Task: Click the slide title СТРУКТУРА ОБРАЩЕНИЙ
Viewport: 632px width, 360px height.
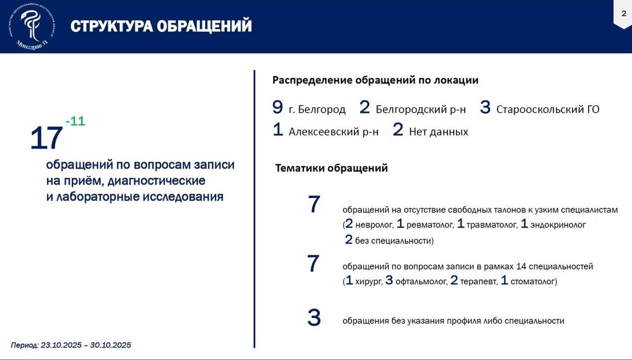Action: click(161, 26)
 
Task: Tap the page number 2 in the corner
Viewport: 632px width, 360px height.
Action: click(623, 13)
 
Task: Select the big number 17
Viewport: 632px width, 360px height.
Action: click(46, 138)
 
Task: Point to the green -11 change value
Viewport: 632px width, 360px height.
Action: click(75, 121)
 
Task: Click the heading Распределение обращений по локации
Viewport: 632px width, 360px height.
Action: click(375, 80)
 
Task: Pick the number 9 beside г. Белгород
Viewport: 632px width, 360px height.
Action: click(277, 107)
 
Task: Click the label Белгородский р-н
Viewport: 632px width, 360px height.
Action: click(421, 110)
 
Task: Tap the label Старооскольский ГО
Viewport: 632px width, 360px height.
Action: click(548, 110)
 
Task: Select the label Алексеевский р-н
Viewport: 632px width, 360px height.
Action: click(333, 132)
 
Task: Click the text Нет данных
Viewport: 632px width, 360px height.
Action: click(438, 132)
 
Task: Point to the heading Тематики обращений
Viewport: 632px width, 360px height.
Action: click(331, 168)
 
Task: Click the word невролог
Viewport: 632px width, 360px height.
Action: click(374, 225)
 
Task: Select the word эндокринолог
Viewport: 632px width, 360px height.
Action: click(558, 225)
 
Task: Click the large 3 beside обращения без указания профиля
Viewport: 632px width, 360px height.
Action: click(314, 318)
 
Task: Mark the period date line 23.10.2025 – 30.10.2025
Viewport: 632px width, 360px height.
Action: click(71, 345)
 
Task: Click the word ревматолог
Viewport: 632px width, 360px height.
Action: click(430, 225)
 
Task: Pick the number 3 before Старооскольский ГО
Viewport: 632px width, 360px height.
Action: click(485, 107)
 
